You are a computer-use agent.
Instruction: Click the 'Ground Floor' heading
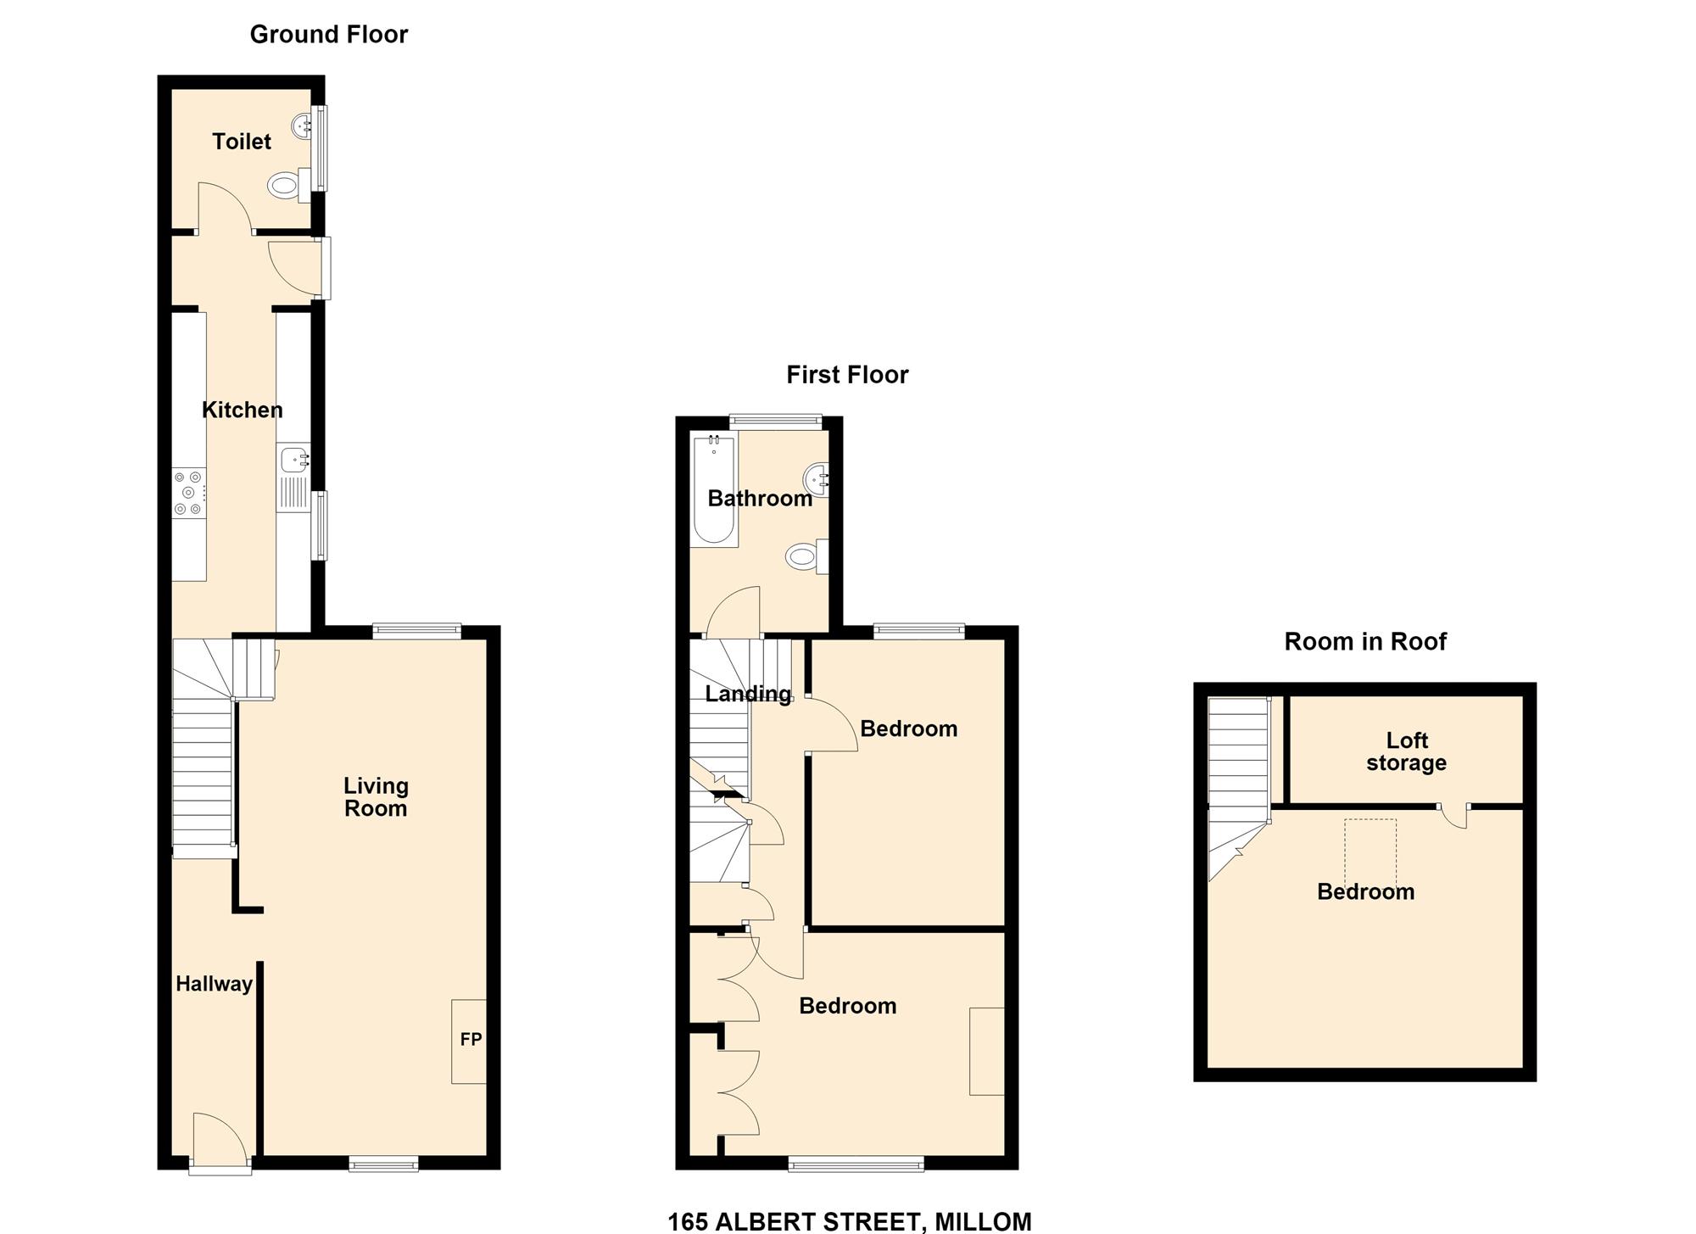point(329,34)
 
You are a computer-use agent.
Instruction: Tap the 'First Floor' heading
point(847,375)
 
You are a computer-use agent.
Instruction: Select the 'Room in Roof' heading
point(1365,642)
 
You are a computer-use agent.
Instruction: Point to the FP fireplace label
point(471,1039)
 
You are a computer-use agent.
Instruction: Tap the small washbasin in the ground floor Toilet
point(303,127)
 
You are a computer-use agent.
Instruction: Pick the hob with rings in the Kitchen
point(189,493)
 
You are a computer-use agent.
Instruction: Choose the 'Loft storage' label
point(1407,752)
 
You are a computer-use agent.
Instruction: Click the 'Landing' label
point(748,695)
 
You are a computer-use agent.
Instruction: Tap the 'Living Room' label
point(375,797)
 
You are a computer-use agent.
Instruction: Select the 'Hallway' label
point(214,984)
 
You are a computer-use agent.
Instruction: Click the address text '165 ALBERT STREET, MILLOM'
point(850,1221)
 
